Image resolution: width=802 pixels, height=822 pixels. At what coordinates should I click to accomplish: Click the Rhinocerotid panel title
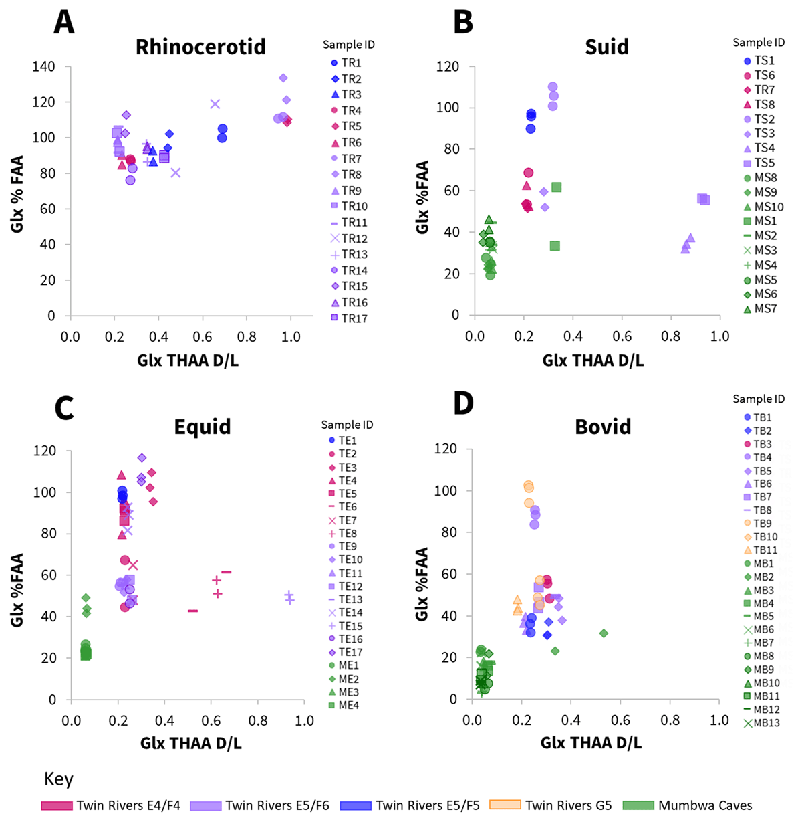[x=200, y=47]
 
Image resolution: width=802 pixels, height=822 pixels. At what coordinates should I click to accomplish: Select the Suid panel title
[x=606, y=47]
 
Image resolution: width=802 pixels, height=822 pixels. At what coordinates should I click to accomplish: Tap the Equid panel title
[x=203, y=427]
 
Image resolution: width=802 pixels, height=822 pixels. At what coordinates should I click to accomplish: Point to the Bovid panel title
[x=603, y=427]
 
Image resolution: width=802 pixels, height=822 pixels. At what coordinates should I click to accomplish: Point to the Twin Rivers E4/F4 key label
[x=128, y=805]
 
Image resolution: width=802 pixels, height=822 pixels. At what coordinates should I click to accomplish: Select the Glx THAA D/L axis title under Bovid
[x=591, y=742]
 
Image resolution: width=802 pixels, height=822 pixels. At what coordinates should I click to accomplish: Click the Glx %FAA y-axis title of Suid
[x=422, y=197]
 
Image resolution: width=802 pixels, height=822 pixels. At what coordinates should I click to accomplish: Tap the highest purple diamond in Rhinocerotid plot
[x=283, y=78]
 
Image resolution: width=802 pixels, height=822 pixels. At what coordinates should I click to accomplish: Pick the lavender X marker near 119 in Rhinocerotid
[x=215, y=104]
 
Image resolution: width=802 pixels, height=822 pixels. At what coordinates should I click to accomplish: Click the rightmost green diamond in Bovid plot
[x=604, y=633]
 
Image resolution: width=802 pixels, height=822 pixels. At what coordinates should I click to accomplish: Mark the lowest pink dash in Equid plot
[x=192, y=611]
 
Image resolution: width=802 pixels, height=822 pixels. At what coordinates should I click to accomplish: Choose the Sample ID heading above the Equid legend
[x=347, y=425]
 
